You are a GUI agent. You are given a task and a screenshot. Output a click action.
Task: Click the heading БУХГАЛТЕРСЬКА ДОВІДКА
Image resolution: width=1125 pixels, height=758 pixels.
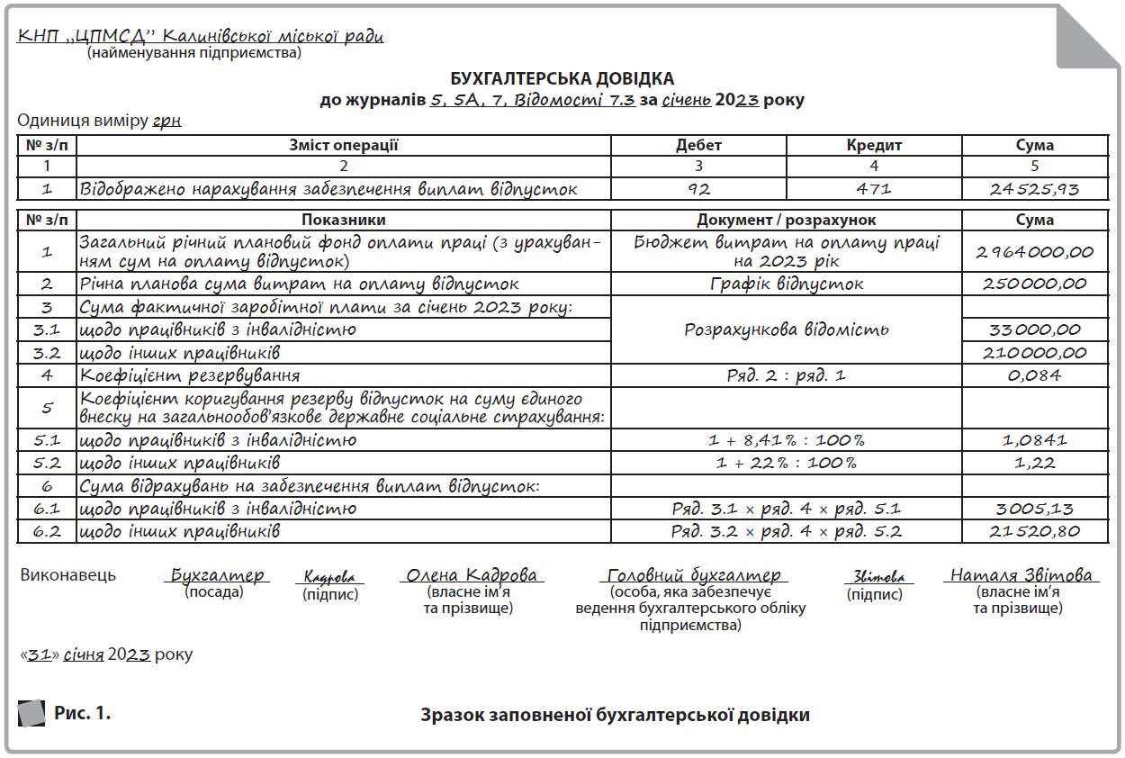(562, 79)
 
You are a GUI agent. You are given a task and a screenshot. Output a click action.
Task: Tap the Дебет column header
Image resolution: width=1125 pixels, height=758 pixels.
(698, 146)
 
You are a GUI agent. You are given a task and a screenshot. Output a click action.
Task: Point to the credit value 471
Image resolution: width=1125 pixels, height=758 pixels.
(874, 189)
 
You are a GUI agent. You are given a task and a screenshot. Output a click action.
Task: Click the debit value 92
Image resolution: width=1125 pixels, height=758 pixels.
(698, 189)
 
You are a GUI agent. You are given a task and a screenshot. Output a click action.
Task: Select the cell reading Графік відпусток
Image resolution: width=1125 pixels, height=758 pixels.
(787, 284)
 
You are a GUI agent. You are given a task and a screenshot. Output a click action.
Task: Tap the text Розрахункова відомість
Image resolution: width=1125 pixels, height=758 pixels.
(787, 329)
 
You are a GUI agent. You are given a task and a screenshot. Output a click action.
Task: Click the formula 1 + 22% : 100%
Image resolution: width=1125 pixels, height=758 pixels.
(787, 463)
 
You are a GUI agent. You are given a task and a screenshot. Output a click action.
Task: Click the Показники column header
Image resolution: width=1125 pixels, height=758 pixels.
(344, 221)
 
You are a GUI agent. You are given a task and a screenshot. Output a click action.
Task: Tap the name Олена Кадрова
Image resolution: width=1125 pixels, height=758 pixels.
(472, 575)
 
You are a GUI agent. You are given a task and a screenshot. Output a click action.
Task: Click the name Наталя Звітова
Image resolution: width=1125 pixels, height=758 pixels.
(1021, 575)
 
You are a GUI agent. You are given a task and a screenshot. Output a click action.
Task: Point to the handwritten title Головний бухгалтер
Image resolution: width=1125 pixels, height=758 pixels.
(693, 575)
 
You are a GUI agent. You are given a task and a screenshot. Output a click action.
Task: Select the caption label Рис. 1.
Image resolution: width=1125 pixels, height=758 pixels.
(82, 714)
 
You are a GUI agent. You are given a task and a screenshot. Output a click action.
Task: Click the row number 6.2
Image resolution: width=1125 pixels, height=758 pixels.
(47, 531)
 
